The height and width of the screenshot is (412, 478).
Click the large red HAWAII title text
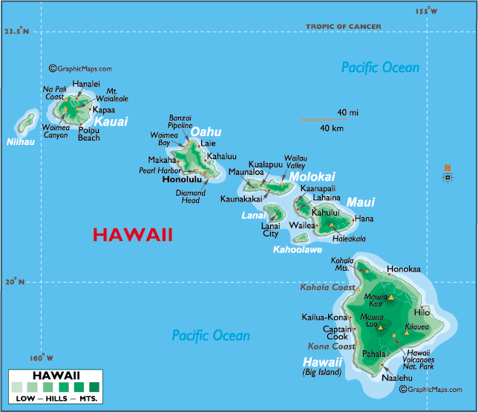tap(132, 235)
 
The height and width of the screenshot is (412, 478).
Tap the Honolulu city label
tap(182, 179)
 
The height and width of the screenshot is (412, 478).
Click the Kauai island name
tap(111, 121)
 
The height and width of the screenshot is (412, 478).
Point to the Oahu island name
tap(206, 132)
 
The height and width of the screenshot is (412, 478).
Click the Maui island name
tap(361, 202)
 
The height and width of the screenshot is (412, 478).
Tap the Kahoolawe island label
tap(298, 250)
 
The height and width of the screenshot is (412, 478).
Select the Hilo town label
tap(432, 313)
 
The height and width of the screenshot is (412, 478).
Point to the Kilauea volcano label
tap(416, 327)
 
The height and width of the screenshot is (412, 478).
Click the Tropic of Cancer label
tap(344, 27)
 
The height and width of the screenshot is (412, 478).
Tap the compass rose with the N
tap(447, 176)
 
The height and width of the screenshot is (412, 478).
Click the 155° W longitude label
tap(427, 11)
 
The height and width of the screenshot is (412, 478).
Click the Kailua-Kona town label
tap(324, 318)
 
